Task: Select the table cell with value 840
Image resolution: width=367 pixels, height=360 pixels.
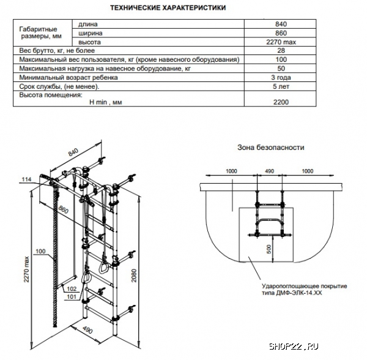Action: click(281, 24)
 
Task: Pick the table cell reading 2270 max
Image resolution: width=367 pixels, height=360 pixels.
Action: click(281, 42)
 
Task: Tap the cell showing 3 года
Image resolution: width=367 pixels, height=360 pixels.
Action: click(281, 78)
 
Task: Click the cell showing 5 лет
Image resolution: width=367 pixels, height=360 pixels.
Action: click(281, 87)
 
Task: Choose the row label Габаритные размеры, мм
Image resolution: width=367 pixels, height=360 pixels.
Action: click(38, 33)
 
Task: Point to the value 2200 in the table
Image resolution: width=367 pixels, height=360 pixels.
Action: click(281, 102)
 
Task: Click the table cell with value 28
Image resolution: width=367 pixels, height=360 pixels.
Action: click(281, 51)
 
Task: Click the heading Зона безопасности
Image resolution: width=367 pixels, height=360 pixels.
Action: click(270, 148)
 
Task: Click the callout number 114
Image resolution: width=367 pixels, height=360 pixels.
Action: click(26, 179)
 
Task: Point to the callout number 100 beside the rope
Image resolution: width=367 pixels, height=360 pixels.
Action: click(40, 251)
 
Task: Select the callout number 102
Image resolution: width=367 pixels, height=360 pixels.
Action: click(71, 288)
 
